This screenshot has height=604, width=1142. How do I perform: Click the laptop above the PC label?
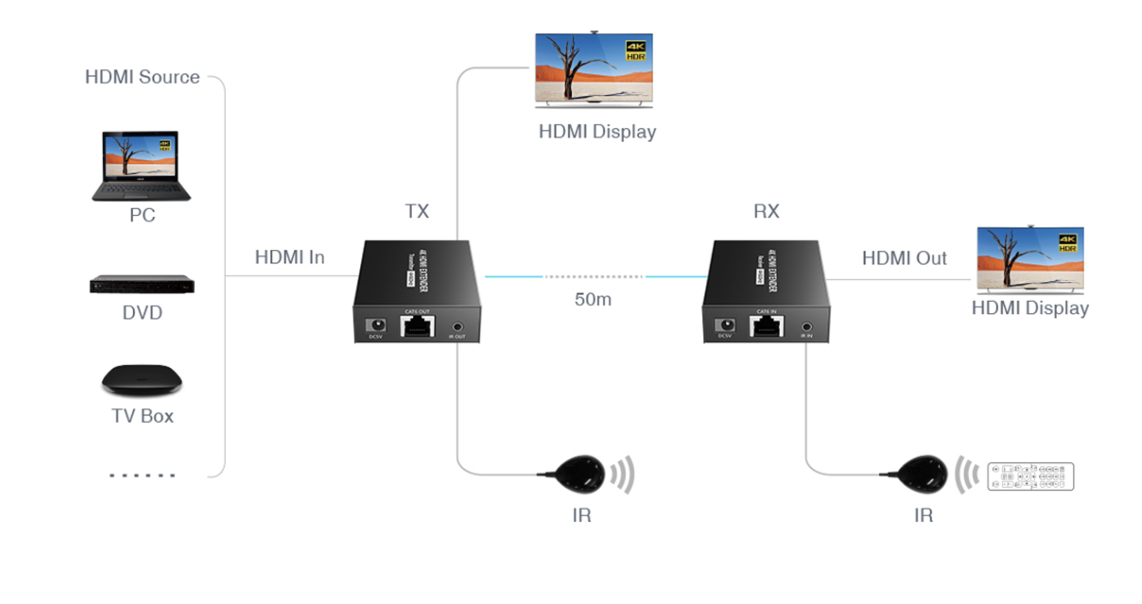coord(141,165)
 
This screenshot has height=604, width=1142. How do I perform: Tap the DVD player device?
coord(142,284)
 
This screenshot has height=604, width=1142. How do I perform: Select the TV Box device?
coord(142,380)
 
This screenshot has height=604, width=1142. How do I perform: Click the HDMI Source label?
coord(142,77)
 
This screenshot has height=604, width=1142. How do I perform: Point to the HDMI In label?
coord(290,257)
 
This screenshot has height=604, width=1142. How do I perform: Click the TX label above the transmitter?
coord(417,211)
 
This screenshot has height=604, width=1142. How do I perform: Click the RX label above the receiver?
coord(766,211)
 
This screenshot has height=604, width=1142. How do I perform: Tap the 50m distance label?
coord(593,299)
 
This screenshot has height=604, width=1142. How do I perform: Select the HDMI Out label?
coord(904,258)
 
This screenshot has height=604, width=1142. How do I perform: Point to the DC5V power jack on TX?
coord(376,325)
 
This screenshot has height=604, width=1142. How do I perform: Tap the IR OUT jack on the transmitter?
coord(458,327)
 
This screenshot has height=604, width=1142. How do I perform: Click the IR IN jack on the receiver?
coord(807,327)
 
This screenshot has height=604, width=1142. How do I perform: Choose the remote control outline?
coord(1031,476)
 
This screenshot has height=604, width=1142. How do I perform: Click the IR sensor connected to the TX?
coord(580,474)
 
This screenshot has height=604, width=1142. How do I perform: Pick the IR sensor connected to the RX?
coord(922,474)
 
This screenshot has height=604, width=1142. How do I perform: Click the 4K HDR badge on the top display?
coord(636,51)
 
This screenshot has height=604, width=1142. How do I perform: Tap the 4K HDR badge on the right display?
coord(1067,243)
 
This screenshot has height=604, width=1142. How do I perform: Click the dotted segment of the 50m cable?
coord(594,277)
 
